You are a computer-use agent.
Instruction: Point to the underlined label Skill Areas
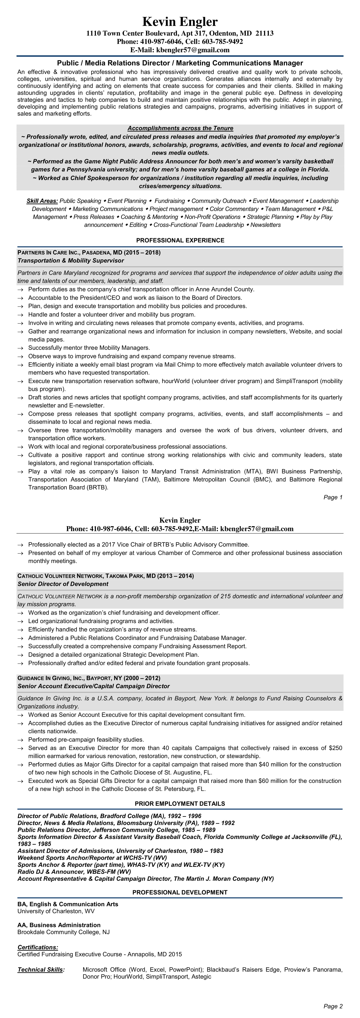[42, 201]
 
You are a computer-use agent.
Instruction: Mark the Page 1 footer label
[333, 497]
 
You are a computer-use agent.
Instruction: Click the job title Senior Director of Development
[63, 584]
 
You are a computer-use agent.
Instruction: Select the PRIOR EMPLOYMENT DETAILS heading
[180, 803]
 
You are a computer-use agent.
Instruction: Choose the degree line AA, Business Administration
[59, 925]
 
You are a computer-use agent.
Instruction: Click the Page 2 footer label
[333, 1006]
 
